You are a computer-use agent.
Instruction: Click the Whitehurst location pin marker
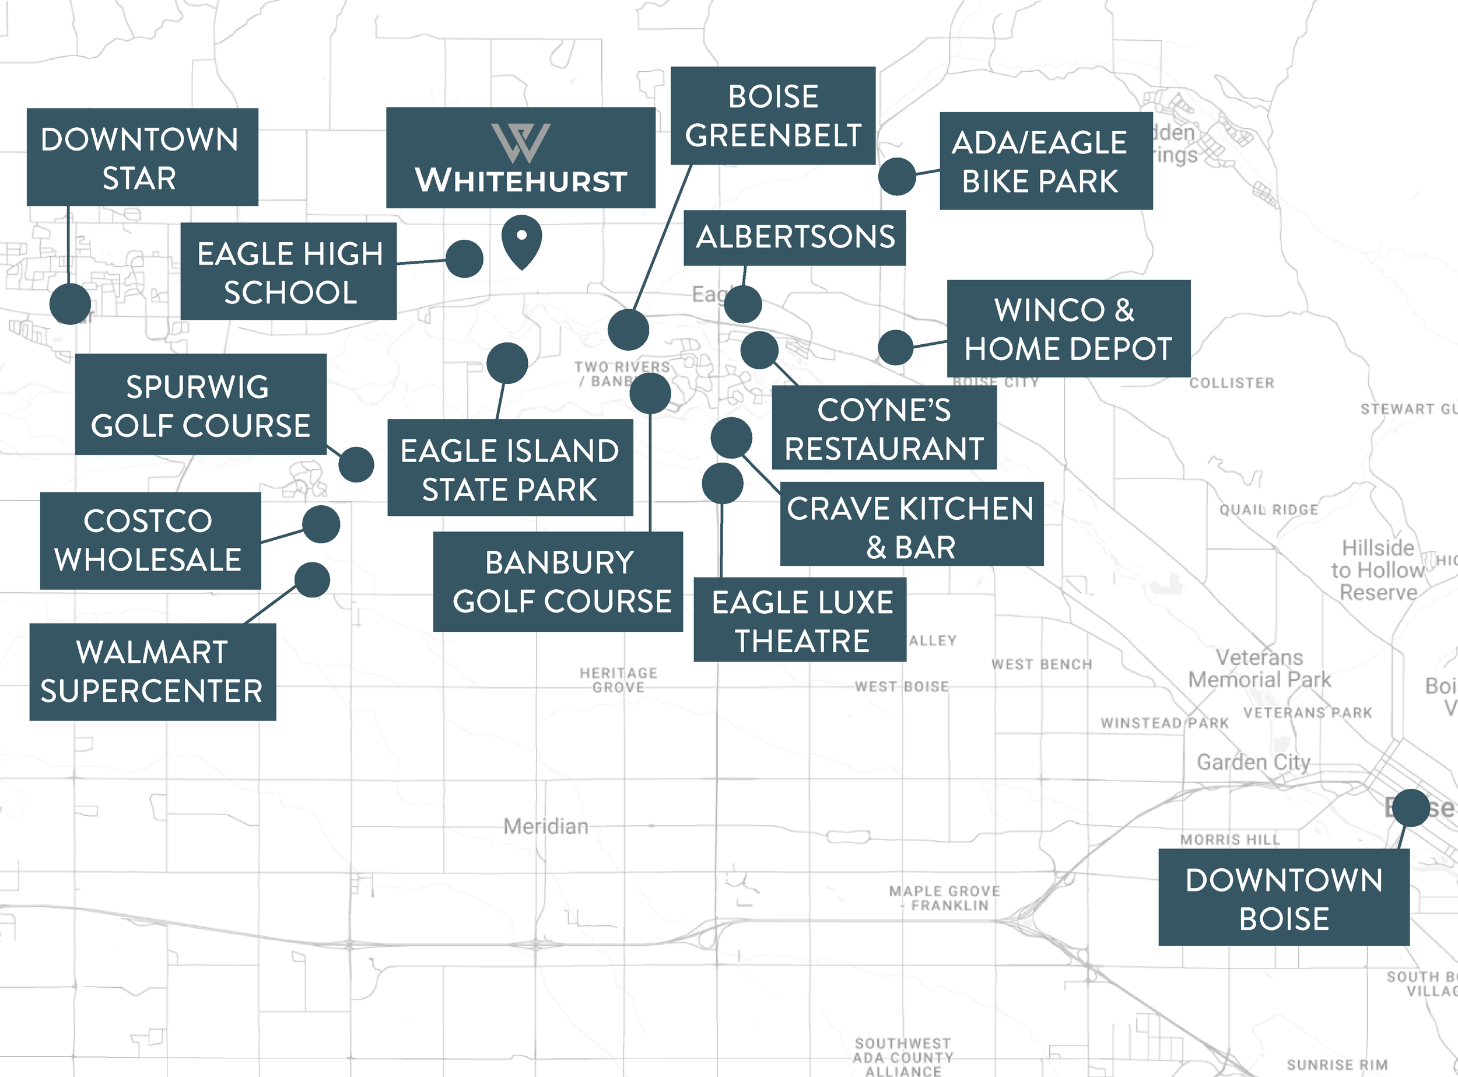click(521, 240)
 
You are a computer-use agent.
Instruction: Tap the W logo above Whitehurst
click(521, 143)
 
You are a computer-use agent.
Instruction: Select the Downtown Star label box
click(142, 157)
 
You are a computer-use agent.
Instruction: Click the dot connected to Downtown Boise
click(1410, 807)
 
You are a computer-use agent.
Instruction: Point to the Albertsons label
click(794, 237)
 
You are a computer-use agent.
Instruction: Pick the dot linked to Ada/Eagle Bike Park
click(897, 176)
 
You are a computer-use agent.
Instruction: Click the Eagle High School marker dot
click(464, 259)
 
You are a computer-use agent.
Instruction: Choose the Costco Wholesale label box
click(150, 540)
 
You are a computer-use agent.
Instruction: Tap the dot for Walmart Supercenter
click(312, 579)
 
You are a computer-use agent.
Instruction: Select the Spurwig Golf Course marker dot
click(356, 464)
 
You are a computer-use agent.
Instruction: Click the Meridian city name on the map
click(545, 827)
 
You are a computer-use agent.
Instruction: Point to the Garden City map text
click(1253, 761)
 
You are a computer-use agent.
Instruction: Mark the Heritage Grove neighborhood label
click(619, 679)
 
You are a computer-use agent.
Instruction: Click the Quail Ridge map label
click(1268, 509)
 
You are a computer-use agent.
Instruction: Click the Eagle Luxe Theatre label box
click(800, 620)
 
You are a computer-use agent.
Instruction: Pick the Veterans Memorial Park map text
click(1259, 668)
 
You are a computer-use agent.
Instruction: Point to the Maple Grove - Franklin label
click(944, 898)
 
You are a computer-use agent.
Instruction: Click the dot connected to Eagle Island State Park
click(507, 363)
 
